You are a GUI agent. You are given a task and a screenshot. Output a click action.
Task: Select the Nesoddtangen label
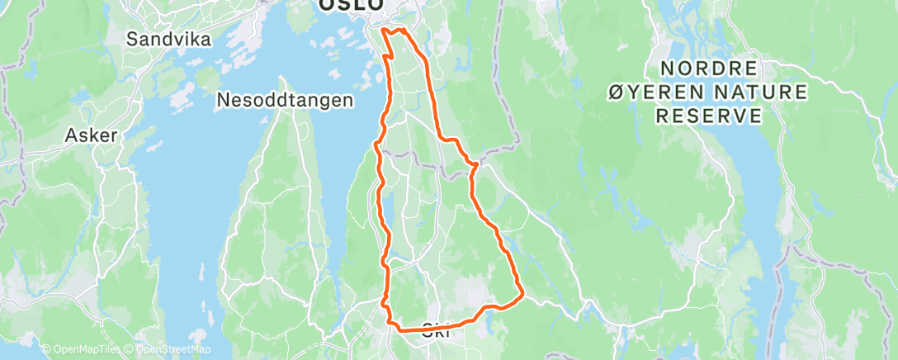285,100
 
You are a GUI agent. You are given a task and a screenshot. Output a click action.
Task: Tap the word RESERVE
709,116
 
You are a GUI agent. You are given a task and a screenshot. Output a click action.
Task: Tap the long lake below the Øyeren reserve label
755,198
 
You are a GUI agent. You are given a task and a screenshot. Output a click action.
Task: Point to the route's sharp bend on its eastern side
474,164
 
